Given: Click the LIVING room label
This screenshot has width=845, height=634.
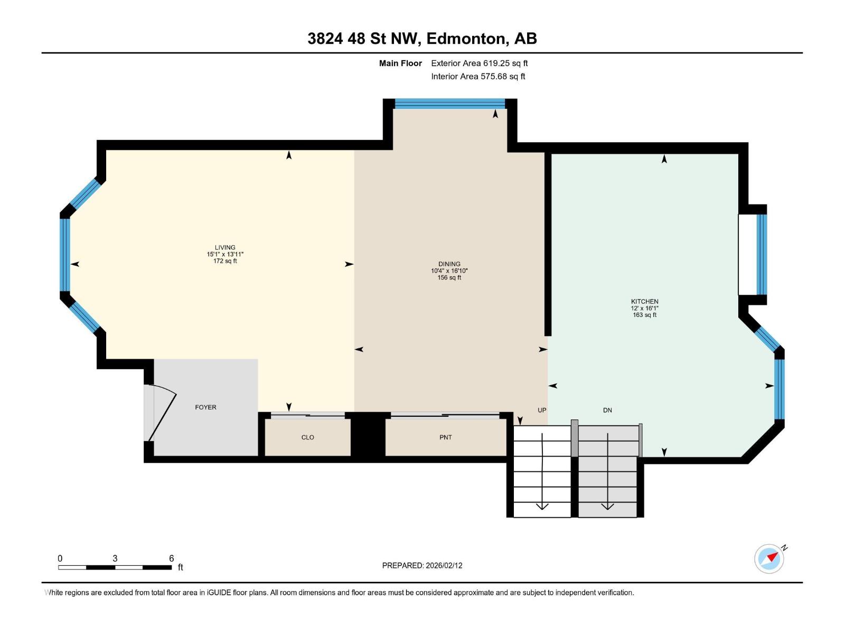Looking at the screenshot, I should (x=225, y=247).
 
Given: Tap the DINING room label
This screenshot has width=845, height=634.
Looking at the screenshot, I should (x=449, y=264).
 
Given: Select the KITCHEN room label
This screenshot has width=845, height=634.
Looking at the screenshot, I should (x=644, y=301).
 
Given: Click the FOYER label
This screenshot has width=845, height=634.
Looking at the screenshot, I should (x=205, y=407).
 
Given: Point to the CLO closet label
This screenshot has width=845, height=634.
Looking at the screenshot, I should (x=307, y=437).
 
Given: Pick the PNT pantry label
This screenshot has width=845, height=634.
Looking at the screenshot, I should (x=445, y=437).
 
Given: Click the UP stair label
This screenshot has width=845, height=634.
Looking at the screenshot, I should (x=542, y=410).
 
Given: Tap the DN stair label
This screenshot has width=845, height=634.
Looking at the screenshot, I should (x=607, y=410).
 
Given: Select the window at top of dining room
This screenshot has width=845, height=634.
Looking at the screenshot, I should (x=450, y=104).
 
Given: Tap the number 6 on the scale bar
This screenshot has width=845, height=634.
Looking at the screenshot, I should (x=171, y=558).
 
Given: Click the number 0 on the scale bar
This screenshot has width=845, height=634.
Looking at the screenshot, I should (x=60, y=558).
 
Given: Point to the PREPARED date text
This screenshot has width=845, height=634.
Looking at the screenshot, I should (x=422, y=565).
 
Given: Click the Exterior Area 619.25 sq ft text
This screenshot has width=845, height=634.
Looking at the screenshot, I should (x=479, y=63).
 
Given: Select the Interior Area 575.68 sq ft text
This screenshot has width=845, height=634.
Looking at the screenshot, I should (x=478, y=77).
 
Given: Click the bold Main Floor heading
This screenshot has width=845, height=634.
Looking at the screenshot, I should (x=400, y=63).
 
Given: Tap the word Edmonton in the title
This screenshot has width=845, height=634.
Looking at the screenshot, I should (x=465, y=39).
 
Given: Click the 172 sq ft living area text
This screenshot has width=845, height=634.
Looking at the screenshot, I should (x=225, y=261).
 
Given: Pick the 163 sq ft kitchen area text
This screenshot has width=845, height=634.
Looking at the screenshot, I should (x=644, y=315).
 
